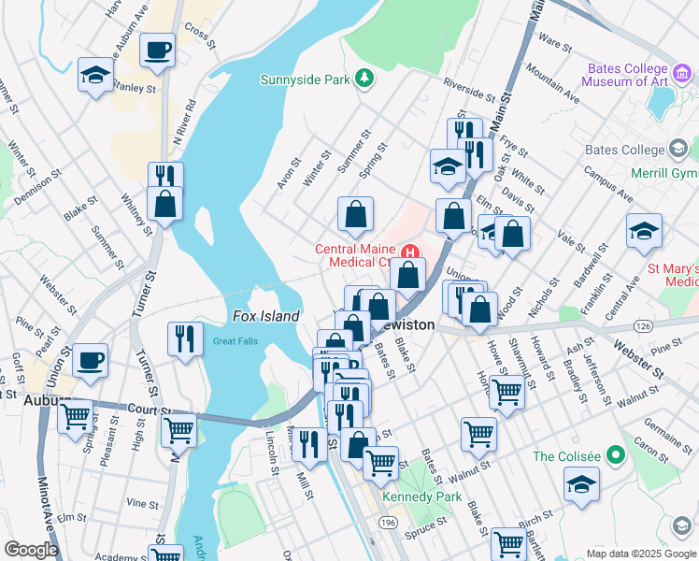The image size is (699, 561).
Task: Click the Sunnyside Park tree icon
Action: [365, 79]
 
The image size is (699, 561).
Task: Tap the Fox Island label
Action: [265, 316]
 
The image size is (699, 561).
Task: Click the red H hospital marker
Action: [409, 253]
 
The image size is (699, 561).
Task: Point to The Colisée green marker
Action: [615, 456]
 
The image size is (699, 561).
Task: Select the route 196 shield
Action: [386, 524]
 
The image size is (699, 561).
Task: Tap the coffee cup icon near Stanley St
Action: [157, 50]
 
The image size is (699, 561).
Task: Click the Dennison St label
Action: [36, 187]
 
